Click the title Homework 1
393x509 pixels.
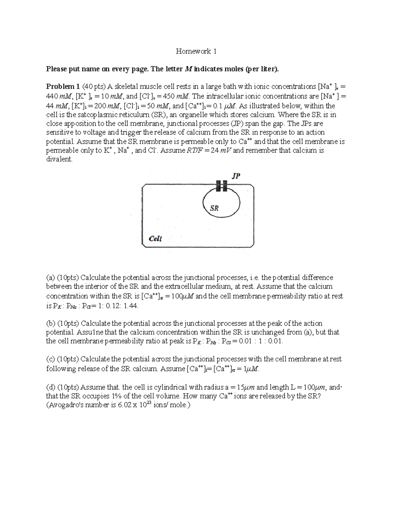(196, 51)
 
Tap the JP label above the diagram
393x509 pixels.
(236, 176)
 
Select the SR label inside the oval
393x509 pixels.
(214, 208)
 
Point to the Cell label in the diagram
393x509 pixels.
(155, 239)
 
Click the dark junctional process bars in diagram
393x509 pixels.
(221, 186)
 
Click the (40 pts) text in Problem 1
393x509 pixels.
(94, 87)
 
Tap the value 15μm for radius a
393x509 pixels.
(245, 387)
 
